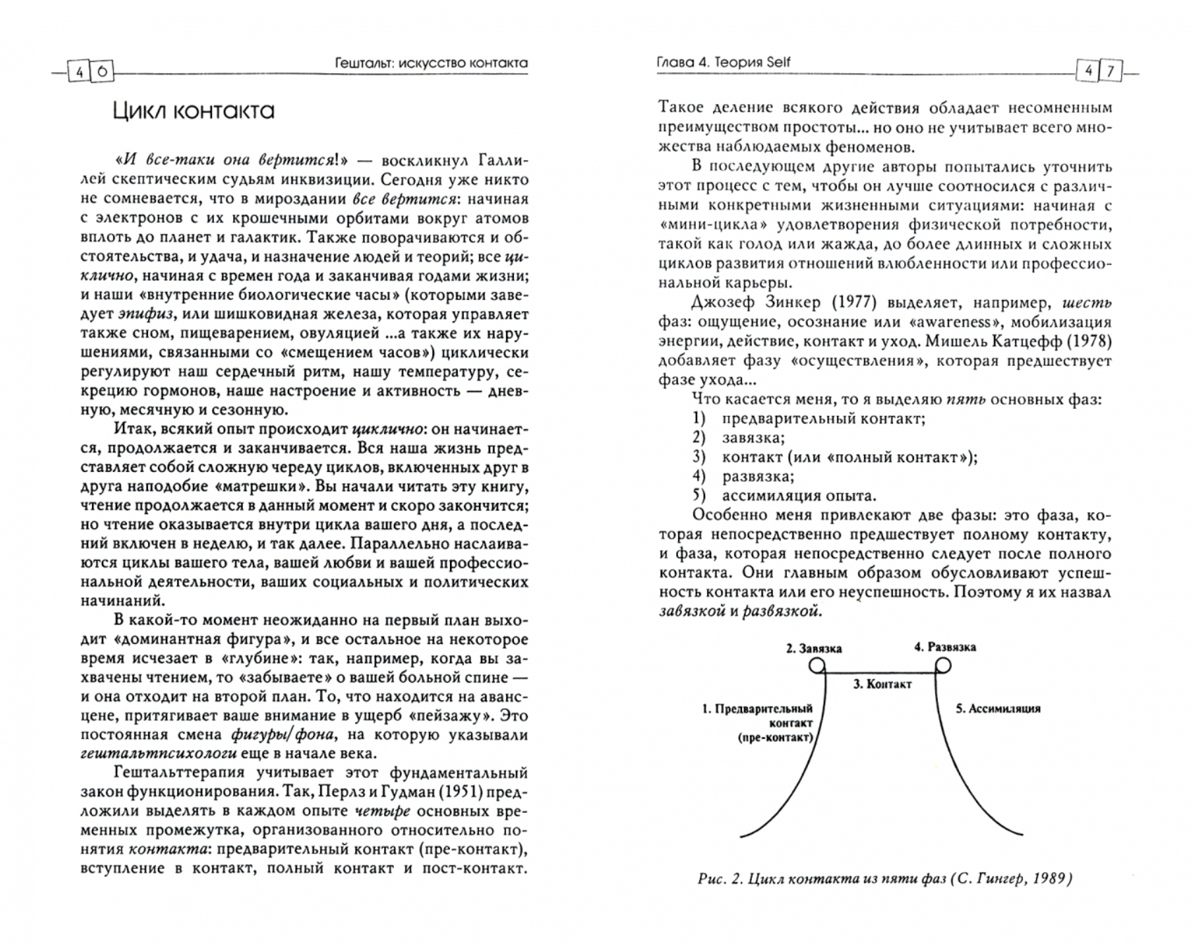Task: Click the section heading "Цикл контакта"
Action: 193,111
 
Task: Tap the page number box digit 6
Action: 102,72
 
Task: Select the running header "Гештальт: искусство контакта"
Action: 432,63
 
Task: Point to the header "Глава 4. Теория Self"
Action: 723,62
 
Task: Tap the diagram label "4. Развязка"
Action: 944,647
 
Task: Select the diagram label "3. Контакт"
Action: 882,684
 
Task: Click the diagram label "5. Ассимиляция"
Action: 998,709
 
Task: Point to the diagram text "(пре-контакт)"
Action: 775,737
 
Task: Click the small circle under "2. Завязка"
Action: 817,665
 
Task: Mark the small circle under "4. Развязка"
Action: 943,664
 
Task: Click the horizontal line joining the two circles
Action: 880,672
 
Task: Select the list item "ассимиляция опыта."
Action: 799,495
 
